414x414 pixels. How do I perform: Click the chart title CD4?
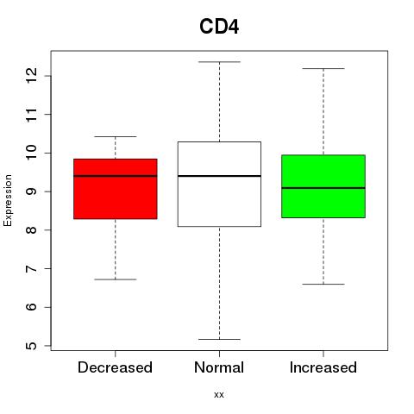click(219, 27)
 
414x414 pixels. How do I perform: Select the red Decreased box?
click(116, 189)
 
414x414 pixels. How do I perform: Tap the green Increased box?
click(323, 186)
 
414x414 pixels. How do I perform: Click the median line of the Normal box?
click(219, 176)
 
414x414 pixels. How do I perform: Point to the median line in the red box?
click(116, 176)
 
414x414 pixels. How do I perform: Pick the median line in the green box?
click(323, 188)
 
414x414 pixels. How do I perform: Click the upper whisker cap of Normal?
click(219, 62)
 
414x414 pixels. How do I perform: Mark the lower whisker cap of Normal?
click(219, 339)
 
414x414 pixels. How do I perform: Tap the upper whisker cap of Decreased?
click(116, 136)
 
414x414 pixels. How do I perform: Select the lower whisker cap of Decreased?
click(116, 279)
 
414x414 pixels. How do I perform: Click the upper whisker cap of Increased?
click(323, 68)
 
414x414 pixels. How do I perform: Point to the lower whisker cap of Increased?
click(323, 284)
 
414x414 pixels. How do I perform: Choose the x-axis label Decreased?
click(115, 367)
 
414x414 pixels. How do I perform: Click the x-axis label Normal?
click(219, 367)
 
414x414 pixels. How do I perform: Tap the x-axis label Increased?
click(323, 367)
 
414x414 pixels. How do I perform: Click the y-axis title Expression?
click(8, 200)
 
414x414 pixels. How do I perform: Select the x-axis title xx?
click(219, 395)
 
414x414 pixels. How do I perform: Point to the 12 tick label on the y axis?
click(32, 76)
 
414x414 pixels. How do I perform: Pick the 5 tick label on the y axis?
click(32, 346)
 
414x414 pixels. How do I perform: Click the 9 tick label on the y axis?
click(32, 191)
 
